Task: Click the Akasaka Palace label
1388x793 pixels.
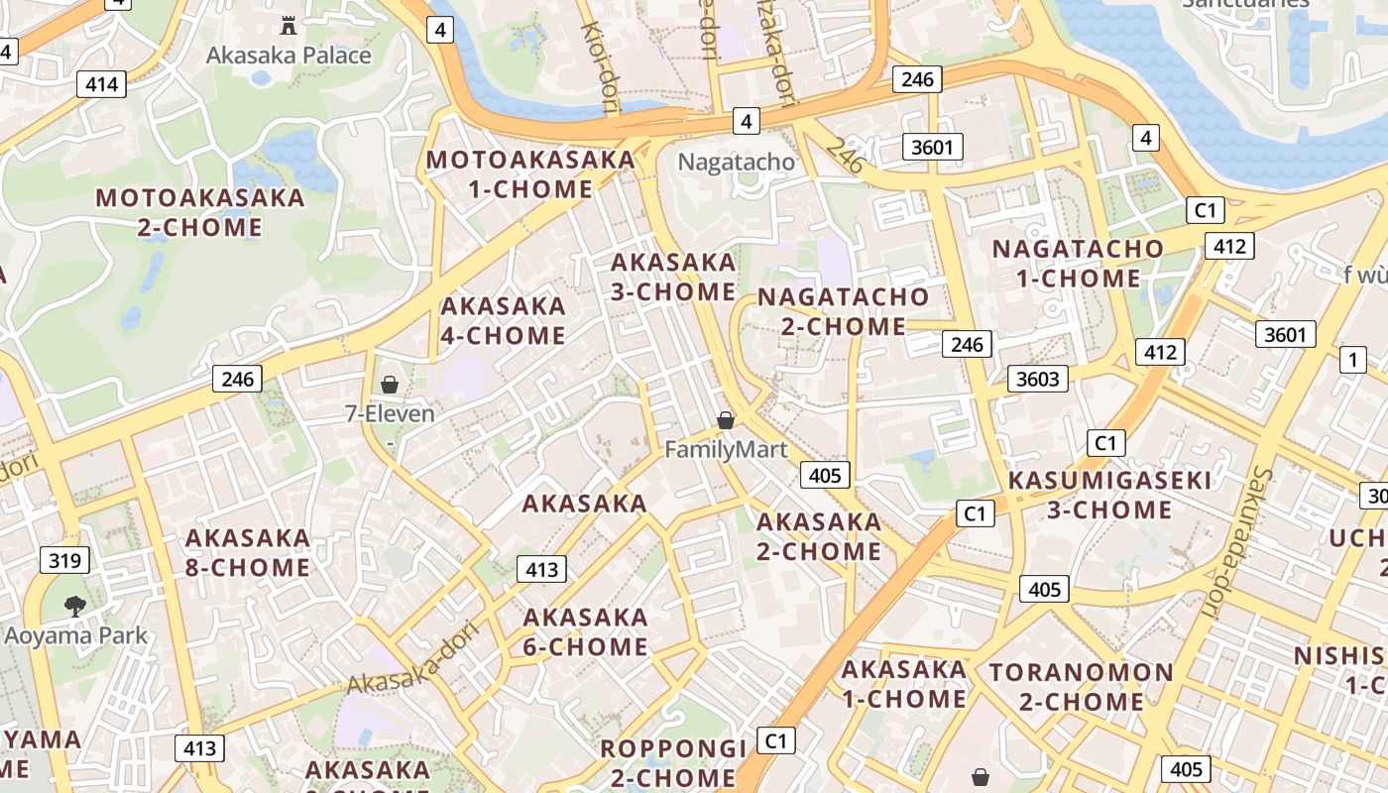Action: tap(289, 56)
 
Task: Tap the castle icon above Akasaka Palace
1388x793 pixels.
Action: tap(289, 25)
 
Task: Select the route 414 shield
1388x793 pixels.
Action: tap(102, 84)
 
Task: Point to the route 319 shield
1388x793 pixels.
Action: tap(64, 561)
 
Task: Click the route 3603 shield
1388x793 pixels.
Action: tap(1038, 379)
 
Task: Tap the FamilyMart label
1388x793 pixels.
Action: tap(726, 450)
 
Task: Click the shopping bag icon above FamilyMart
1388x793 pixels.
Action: tap(726, 420)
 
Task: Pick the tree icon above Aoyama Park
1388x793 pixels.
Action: tap(74, 606)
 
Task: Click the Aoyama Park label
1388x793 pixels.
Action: tap(75, 635)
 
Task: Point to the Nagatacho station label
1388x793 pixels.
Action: tap(736, 162)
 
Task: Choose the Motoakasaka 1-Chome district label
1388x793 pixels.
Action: tap(530, 174)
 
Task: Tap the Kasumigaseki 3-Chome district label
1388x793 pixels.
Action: tap(1109, 496)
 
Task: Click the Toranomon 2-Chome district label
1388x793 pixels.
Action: tap(1081, 687)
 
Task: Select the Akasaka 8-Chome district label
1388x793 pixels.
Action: tap(248, 553)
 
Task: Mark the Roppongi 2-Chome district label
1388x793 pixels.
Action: tap(673, 762)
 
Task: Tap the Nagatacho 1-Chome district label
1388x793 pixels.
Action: tap(1078, 263)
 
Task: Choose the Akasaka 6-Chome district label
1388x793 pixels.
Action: tap(585, 632)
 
